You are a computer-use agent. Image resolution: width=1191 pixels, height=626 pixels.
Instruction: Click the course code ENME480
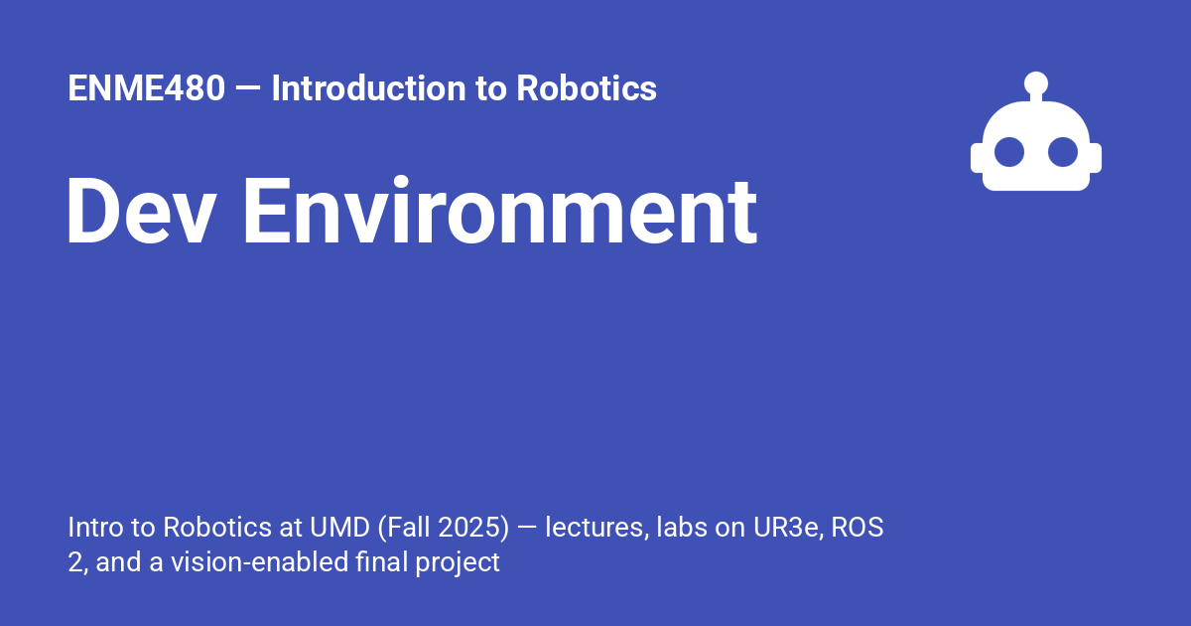point(146,89)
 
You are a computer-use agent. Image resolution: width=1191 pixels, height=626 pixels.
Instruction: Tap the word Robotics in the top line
point(586,89)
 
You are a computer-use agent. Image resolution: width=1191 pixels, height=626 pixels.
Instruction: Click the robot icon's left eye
point(1010,152)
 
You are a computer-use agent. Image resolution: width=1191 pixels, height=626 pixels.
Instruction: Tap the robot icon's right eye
point(1063,152)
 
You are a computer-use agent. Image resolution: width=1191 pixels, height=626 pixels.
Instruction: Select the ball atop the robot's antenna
point(1036,82)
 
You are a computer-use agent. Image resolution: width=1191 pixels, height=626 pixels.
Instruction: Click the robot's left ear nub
point(977,159)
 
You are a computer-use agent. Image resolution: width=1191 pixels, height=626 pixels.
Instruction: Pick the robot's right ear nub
point(1096,159)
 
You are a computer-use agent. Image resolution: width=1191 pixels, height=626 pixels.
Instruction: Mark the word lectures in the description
point(594,528)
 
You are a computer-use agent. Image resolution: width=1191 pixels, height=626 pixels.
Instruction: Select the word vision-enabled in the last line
point(261,563)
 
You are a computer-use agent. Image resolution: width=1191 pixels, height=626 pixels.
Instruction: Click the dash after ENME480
point(248,89)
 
